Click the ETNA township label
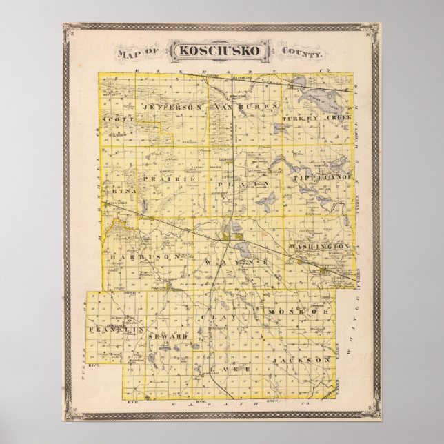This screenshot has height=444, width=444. click(118, 185)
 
